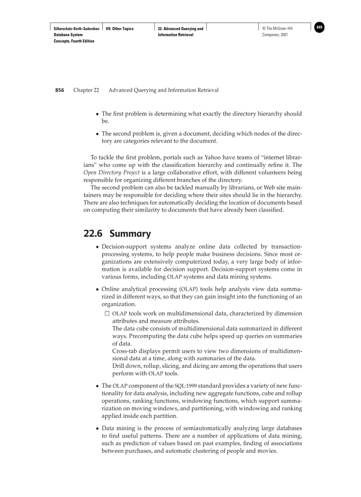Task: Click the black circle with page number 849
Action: point(319,28)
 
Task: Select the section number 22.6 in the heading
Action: point(93,233)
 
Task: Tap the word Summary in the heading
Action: point(130,233)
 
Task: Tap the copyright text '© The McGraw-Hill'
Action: point(277,29)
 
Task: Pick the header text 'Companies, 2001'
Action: point(275,35)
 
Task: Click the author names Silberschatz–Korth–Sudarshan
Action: point(73,29)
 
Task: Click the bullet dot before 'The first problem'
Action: point(97,114)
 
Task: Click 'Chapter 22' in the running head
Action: point(86,90)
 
